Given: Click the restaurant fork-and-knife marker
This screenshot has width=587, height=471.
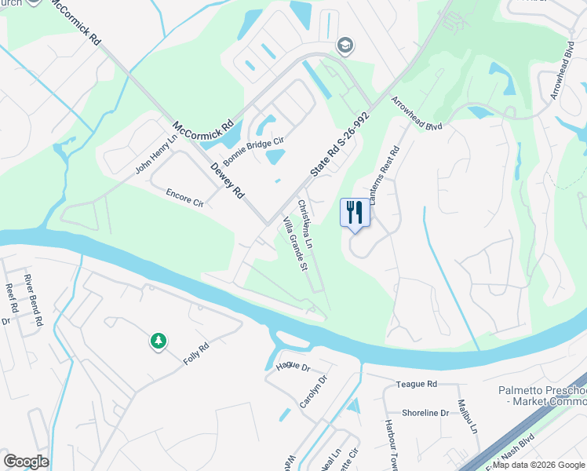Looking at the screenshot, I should pos(354,212).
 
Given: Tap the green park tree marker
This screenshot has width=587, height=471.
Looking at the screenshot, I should pos(159,341).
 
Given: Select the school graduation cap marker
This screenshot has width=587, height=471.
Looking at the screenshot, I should pos(345,46).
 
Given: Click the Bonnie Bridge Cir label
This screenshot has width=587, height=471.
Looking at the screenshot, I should pos(253,149).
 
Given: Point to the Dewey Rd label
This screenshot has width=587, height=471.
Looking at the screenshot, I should pos(228,181).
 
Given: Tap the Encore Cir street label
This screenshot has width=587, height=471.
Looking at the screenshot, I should pos(185,196).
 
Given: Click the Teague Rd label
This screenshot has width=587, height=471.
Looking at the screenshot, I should pos(416,384).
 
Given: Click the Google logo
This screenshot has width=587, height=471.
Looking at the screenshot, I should pos(27,462).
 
